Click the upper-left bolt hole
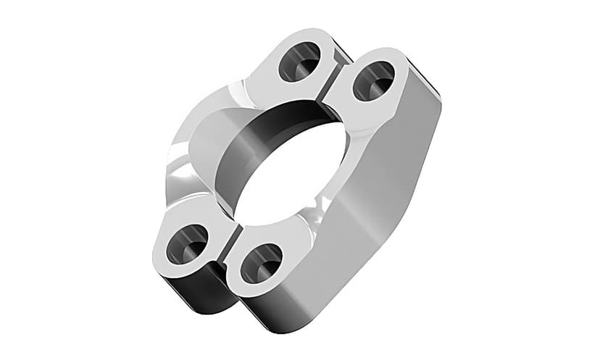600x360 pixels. pos(299,62)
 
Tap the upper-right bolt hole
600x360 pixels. pos(373,80)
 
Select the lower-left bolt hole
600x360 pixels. pos(187,244)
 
